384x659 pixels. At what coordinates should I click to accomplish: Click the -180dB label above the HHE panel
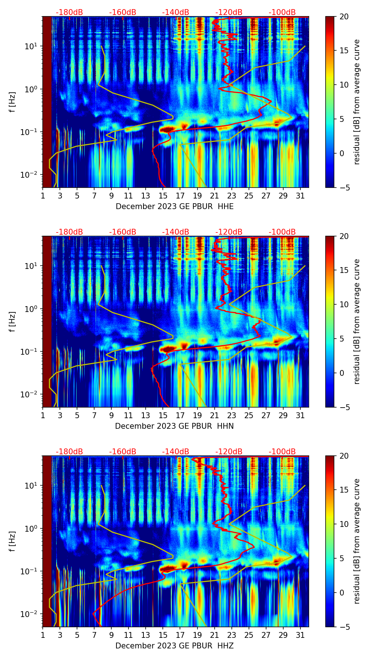tap(69, 12)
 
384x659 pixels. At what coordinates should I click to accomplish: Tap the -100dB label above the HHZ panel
tap(282, 452)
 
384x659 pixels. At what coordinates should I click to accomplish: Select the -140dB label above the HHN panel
tap(176, 232)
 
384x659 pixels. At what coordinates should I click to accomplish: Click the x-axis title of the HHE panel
tap(174, 207)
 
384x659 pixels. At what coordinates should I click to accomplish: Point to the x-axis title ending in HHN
tap(174, 426)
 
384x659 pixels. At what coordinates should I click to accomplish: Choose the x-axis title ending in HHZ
tap(174, 646)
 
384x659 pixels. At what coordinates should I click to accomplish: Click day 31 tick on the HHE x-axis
tap(300, 196)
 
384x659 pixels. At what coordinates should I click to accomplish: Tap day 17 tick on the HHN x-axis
tap(180, 415)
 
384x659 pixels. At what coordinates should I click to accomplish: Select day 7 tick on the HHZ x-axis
tap(94, 635)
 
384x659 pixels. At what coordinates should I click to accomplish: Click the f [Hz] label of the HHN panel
tap(12, 321)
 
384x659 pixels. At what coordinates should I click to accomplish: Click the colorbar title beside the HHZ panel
tap(357, 541)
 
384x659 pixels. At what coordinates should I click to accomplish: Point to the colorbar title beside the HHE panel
tap(357, 102)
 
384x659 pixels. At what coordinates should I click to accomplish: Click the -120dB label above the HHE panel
tap(229, 12)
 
